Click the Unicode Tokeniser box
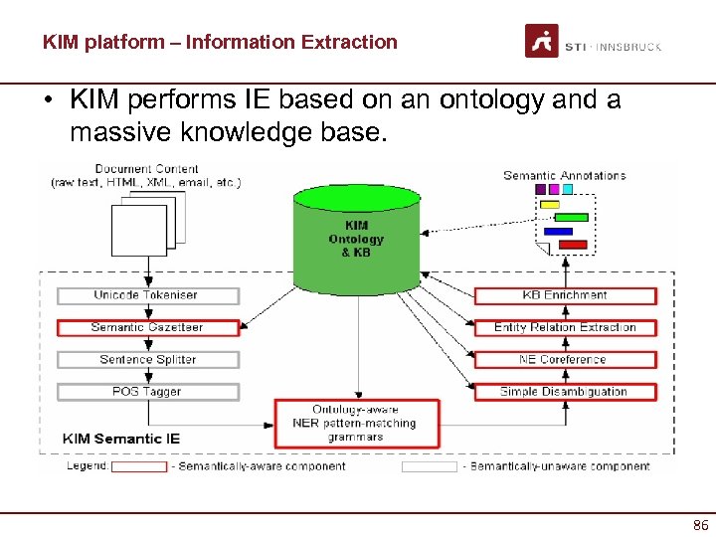tap(148, 295)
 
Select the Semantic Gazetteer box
tap(148, 327)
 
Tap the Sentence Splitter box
tap(148, 359)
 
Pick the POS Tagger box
tap(148, 392)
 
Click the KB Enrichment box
tap(565, 295)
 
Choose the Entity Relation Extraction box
tap(565, 327)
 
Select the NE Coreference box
tap(565, 359)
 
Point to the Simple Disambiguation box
tap(565, 392)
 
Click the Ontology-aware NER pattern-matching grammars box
tap(356, 423)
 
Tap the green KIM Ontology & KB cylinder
tap(356, 239)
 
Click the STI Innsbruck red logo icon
tap(542, 42)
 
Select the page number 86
tap(699, 525)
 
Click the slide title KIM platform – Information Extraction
tap(220, 42)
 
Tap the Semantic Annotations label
tap(564, 175)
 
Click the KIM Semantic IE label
tap(121, 438)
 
